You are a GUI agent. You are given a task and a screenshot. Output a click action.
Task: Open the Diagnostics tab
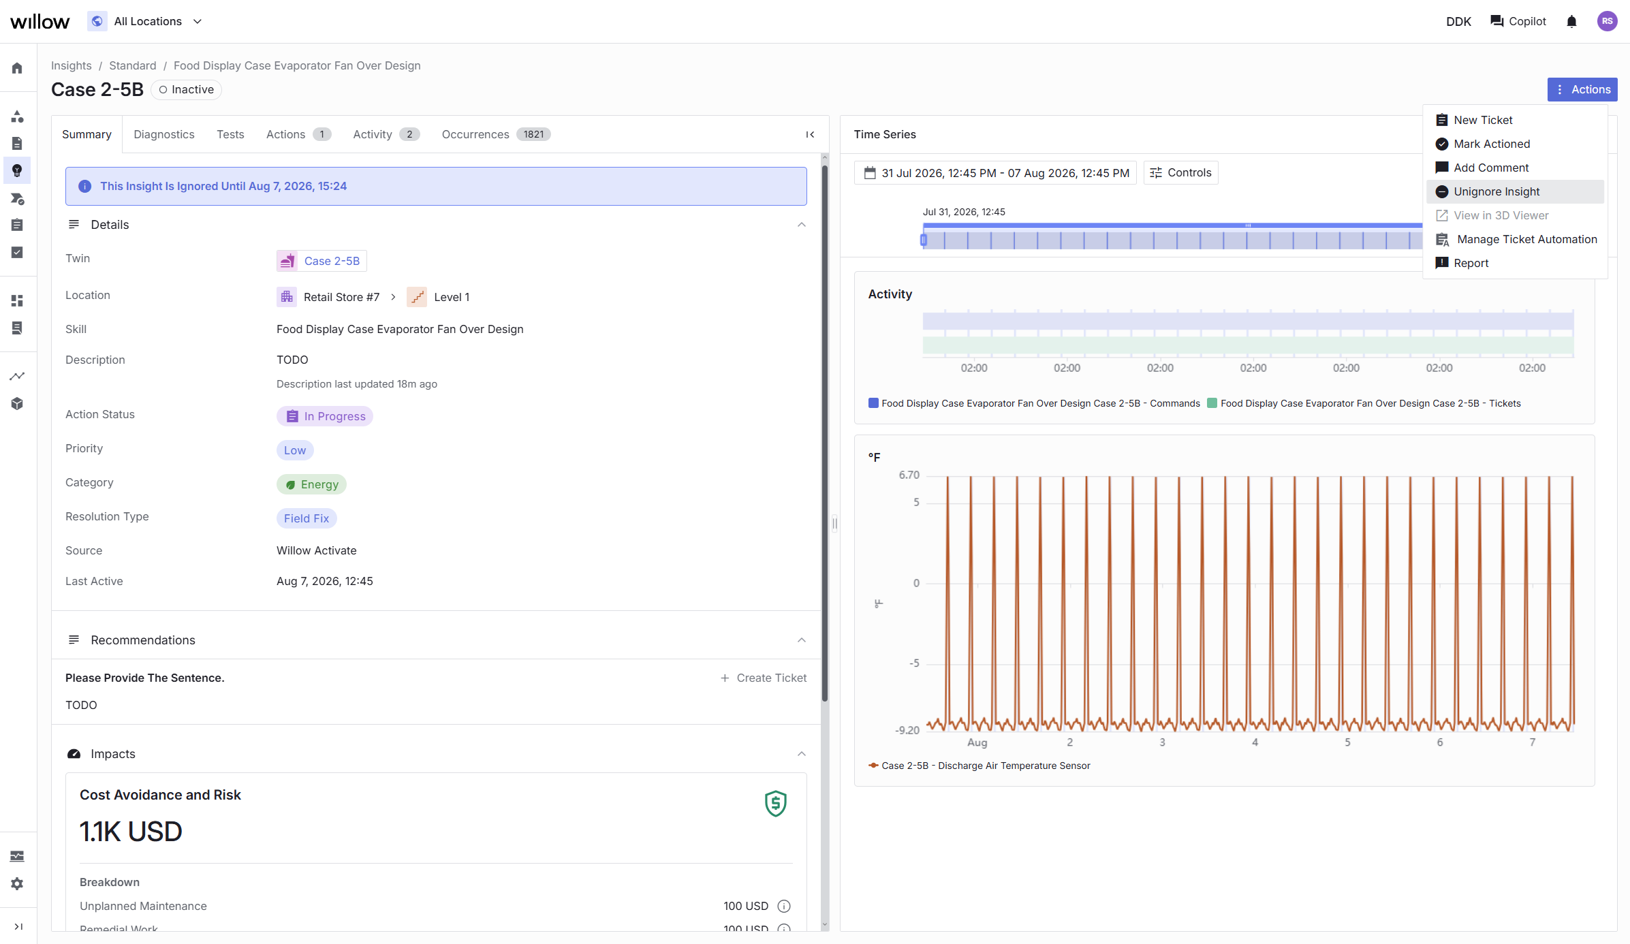point(164,134)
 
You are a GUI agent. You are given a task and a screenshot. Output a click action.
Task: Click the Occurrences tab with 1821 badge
point(496,134)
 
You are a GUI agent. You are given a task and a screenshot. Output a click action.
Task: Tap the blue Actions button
point(1582,89)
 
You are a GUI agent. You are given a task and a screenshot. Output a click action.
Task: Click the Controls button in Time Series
point(1180,172)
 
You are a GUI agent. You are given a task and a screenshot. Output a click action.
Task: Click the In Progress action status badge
point(325,416)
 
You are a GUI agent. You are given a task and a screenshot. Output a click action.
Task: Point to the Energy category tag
point(311,484)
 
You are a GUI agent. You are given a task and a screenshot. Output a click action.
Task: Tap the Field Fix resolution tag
point(307,518)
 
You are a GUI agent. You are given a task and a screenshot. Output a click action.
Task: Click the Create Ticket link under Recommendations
point(764,678)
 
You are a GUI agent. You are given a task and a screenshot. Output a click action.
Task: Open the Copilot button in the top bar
point(1518,21)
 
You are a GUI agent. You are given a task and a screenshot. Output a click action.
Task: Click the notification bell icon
point(1572,21)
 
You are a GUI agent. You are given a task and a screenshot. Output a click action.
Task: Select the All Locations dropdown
point(146,21)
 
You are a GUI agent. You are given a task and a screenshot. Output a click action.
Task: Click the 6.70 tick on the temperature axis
point(909,475)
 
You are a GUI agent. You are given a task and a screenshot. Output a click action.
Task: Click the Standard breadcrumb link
point(133,65)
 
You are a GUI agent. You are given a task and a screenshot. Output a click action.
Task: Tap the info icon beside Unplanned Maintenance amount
point(784,906)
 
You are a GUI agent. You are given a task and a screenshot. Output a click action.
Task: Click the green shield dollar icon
point(776,804)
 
